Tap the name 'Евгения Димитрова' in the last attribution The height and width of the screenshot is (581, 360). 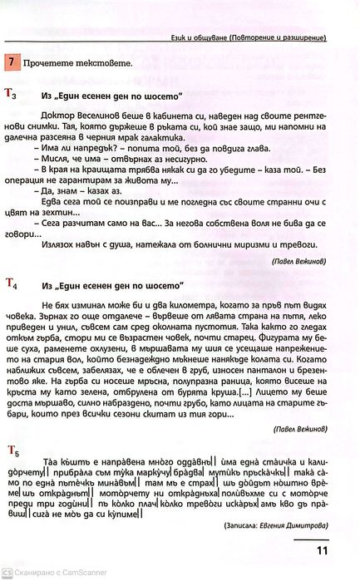(293, 525)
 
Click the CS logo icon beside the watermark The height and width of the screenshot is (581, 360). (7, 574)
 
